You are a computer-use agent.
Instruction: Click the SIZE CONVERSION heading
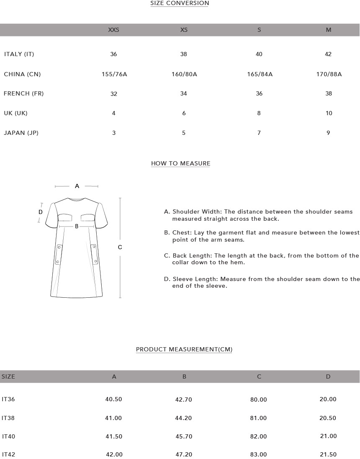pos(180,3)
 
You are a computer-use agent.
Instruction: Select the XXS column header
pos(113,30)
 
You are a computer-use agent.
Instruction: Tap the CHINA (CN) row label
pos(22,74)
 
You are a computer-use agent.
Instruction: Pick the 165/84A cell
pos(260,74)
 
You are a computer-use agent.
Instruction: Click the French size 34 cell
pos(183,93)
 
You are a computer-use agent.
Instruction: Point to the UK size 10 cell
pos(329,113)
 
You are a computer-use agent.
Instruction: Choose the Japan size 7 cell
pos(259,133)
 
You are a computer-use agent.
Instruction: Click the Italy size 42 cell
pos(328,54)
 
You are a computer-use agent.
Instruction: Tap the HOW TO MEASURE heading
pos(180,163)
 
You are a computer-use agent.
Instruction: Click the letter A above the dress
pos(77,186)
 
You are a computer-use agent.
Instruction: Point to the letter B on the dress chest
pos(77,227)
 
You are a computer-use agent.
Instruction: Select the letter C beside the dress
pos(120,247)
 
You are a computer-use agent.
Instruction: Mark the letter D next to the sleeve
pos(41,212)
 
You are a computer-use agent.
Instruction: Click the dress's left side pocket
pos(59,254)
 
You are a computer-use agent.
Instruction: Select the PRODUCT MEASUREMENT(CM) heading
pos(184,349)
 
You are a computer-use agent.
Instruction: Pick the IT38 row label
pos(8,418)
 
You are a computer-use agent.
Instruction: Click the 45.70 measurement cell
pos(184,436)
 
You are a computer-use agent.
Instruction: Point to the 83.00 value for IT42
pos(258,454)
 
